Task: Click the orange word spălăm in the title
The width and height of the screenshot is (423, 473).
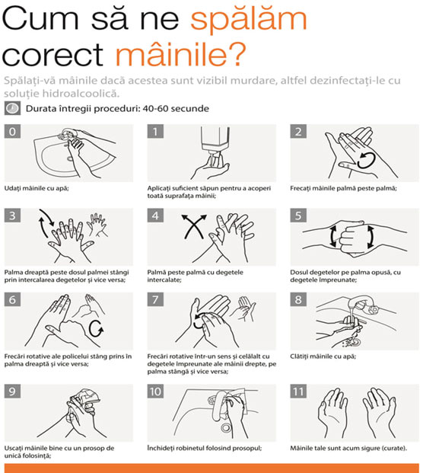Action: (x=249, y=21)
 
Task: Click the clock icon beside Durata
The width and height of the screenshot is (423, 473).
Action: (x=12, y=108)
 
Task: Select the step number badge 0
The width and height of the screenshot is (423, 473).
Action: (x=12, y=132)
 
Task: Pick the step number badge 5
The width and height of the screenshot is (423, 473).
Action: (x=298, y=216)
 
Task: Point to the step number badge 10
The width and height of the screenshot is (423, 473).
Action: (x=155, y=392)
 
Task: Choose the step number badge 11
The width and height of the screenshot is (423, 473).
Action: (x=298, y=392)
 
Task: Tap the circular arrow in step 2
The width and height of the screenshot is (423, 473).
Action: (x=367, y=160)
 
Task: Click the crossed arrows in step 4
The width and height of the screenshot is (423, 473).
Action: (x=194, y=226)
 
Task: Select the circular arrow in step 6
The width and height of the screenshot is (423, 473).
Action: (x=96, y=328)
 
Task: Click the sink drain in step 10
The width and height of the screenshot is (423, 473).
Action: (x=225, y=427)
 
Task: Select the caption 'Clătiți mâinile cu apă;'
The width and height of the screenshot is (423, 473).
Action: (x=323, y=356)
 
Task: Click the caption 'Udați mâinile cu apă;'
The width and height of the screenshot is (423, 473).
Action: (x=37, y=188)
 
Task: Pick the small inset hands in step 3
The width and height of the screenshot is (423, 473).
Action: (x=97, y=225)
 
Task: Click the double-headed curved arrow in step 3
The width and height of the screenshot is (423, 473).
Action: (x=46, y=223)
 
